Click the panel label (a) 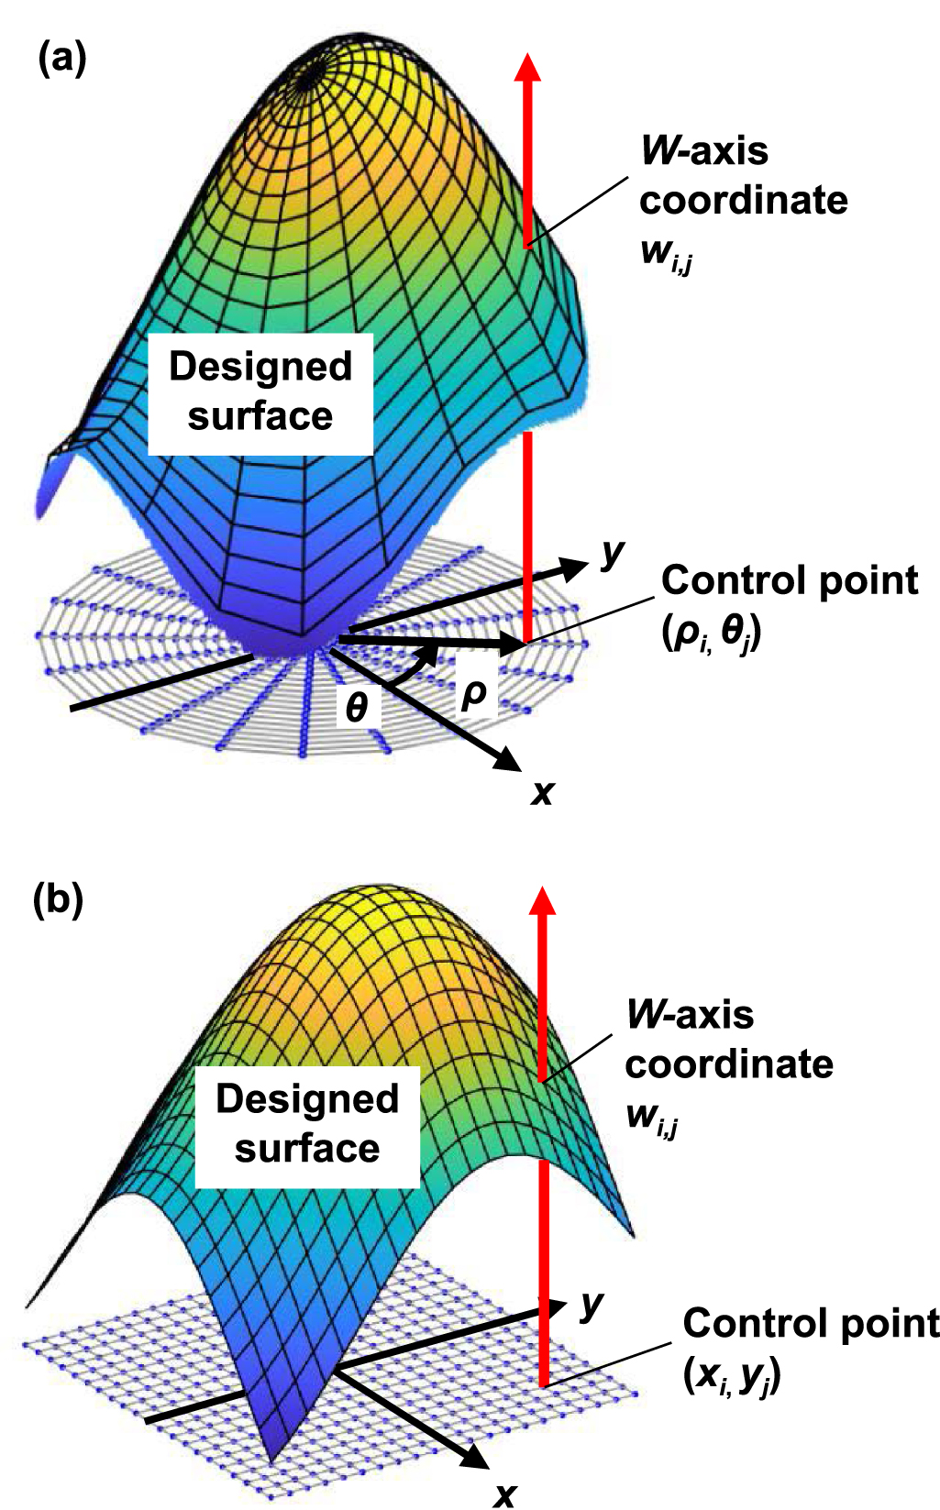[x=61, y=59]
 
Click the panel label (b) [x=58, y=899]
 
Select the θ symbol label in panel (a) [x=357, y=707]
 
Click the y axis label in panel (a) [x=612, y=553]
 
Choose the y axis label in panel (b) [x=592, y=1304]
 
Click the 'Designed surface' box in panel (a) [x=260, y=392]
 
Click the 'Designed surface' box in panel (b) [x=307, y=1125]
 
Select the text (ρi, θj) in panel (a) [x=711, y=632]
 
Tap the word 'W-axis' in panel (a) [x=704, y=151]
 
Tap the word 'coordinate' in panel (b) [x=729, y=1064]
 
